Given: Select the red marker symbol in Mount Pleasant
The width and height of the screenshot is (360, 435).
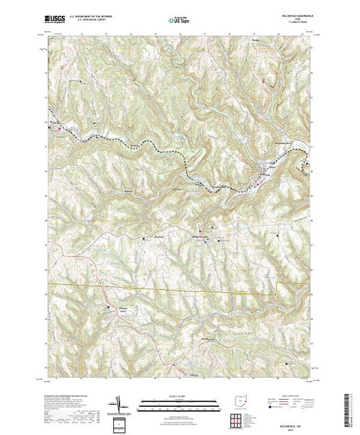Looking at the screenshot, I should click(x=201, y=230).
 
